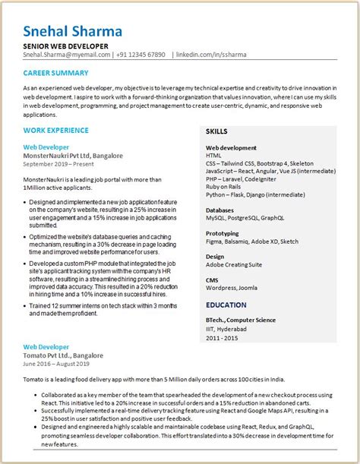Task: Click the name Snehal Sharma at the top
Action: [72, 31]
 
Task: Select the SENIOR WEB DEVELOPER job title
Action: [65, 46]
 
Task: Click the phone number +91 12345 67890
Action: [141, 55]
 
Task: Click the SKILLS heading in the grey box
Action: [216, 131]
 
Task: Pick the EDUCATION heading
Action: [226, 305]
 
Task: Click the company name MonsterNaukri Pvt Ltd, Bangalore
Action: [73, 155]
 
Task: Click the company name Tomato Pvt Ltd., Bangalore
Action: [63, 355]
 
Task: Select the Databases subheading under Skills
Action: [220, 210]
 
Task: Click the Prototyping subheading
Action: [223, 233]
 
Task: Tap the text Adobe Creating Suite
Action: [234, 264]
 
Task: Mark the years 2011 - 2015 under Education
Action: [222, 337]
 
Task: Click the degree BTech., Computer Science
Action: [241, 320]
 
